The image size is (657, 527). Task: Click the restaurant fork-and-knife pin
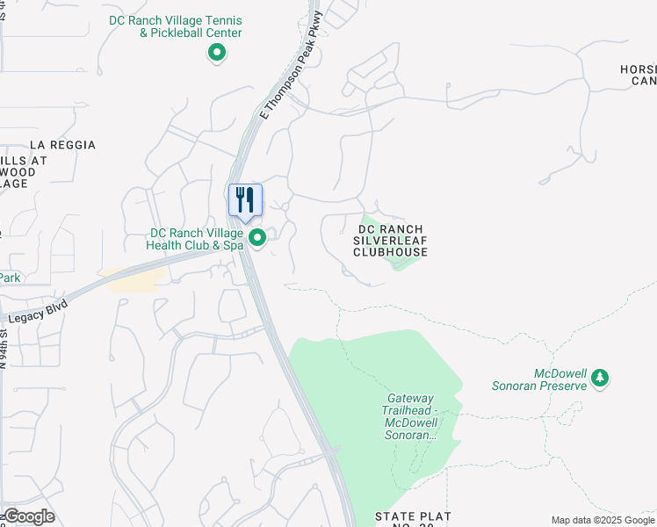point(246,200)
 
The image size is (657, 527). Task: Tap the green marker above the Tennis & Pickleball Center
point(216,54)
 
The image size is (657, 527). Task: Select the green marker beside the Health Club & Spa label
point(258,238)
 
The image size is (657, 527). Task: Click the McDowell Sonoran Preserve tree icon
point(600,378)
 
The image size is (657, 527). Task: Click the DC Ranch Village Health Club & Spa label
point(197,239)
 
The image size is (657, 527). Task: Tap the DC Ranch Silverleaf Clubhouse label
point(390,241)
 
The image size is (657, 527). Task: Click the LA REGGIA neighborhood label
point(62,145)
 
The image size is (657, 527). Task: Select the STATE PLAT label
point(413,516)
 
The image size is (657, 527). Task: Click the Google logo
point(29,516)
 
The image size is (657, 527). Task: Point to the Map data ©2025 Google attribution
point(603,520)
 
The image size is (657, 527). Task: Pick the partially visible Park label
point(10,278)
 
